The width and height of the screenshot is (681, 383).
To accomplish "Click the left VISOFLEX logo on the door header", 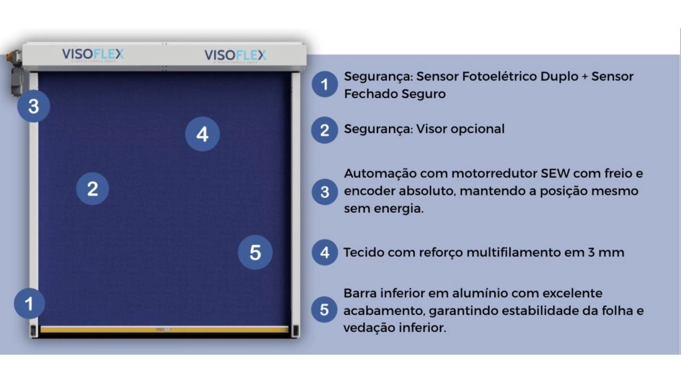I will pyautogui.click(x=93, y=54).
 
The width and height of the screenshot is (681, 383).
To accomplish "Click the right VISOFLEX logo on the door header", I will pyautogui.click(x=235, y=56).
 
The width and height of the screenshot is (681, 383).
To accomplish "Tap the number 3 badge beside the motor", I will pyautogui.click(x=33, y=106).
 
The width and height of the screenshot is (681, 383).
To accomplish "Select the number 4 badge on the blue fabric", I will pyautogui.click(x=203, y=134).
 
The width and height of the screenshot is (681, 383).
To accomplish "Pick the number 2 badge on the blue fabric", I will pyautogui.click(x=93, y=188).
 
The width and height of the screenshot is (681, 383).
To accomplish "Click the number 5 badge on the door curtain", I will pyautogui.click(x=255, y=252).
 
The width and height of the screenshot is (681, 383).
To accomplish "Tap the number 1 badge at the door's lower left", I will pyautogui.click(x=30, y=304).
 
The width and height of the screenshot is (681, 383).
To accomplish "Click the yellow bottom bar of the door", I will pyautogui.click(x=165, y=329).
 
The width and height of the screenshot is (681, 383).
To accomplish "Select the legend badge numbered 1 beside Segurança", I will pyautogui.click(x=325, y=85).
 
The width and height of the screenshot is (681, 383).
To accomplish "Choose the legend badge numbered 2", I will pyautogui.click(x=325, y=130).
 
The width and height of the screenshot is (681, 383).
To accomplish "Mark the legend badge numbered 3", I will pyautogui.click(x=325, y=192).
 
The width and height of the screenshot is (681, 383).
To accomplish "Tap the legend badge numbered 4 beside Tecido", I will pyautogui.click(x=325, y=252).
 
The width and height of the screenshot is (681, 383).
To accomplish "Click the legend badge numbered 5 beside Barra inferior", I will pyautogui.click(x=325, y=310).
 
